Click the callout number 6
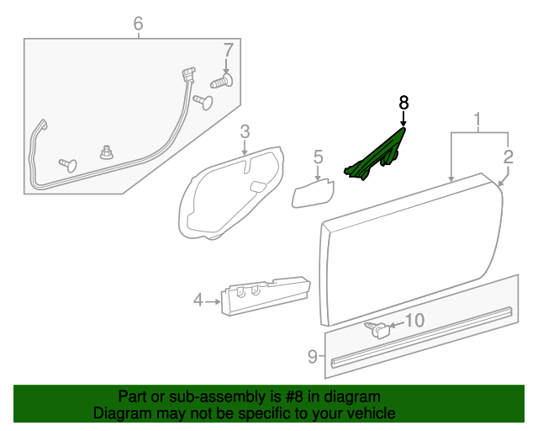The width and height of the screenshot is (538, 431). click(139, 24)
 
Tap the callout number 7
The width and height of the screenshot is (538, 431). click(226, 50)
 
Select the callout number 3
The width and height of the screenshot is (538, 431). click(245, 131)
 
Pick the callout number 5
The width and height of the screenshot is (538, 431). click(318, 157)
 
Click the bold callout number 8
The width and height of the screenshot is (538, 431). click(403, 102)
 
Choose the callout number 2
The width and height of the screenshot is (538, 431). click(508, 156)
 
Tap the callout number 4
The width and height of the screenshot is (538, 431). click(198, 299)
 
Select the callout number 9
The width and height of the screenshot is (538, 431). click(312, 357)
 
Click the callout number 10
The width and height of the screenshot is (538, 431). click(416, 320)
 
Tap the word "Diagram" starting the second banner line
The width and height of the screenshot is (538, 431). click(119, 413)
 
